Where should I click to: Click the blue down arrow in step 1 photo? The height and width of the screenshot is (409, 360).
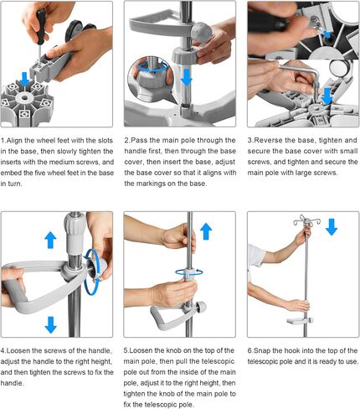click(x=25, y=79)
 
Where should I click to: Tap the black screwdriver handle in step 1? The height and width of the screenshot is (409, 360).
click(x=41, y=27)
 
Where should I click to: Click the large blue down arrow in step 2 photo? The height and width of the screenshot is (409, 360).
click(x=186, y=77)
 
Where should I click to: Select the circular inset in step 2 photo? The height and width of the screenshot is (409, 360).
click(x=151, y=77)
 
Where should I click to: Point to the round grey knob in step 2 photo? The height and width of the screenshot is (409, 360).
click(x=202, y=32)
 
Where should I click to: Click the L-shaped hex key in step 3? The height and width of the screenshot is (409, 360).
click(x=303, y=75)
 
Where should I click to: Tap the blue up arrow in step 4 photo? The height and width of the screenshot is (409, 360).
click(x=50, y=240)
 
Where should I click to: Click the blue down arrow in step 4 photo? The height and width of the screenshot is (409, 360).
click(x=50, y=324)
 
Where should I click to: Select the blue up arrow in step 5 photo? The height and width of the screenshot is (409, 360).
click(x=206, y=231)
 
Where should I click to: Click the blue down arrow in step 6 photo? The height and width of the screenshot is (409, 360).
click(x=332, y=227)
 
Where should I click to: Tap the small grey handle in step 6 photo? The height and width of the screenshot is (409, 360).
click(x=299, y=321)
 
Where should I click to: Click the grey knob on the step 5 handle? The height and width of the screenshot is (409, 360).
click(x=201, y=307)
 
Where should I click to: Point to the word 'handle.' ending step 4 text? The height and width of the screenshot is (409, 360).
click(x=12, y=383)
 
